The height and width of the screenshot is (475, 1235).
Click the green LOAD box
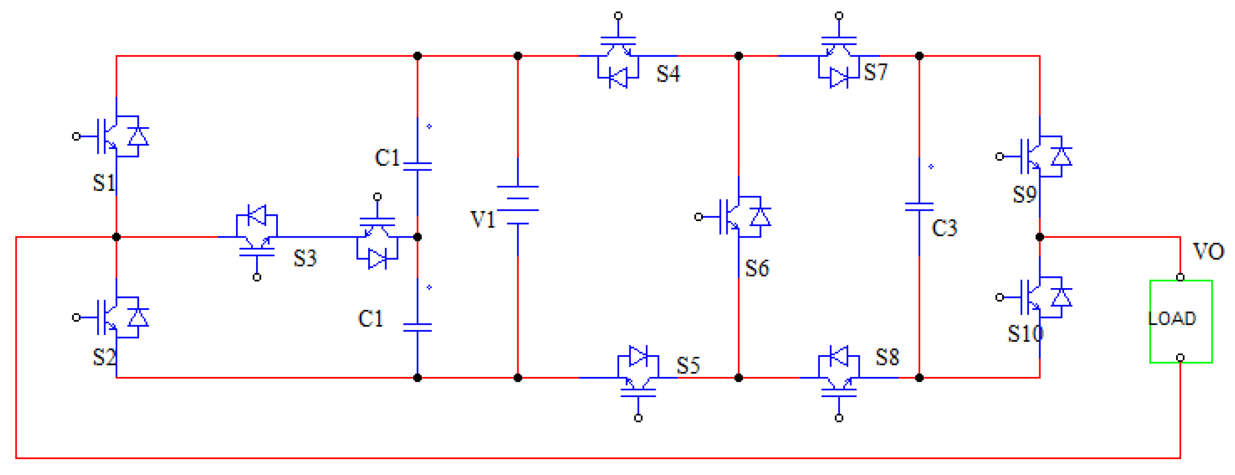coord(1180,321)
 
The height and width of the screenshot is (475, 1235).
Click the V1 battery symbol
coord(518,205)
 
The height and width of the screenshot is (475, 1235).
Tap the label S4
coord(668,74)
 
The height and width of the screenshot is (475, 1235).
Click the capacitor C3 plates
coord(919,207)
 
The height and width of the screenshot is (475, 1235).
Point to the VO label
coord(1208,251)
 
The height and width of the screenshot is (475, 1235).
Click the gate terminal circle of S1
coord(76,136)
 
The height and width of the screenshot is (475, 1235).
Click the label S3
coord(305,258)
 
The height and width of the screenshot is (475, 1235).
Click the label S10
coord(1025,334)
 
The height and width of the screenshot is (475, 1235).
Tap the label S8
coord(887,357)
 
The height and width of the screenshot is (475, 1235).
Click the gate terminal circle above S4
coord(618,16)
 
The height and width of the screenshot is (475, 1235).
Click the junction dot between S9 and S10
coord(1040,237)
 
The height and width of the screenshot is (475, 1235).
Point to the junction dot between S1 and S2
coord(117,237)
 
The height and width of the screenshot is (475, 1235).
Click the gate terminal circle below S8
coord(839,418)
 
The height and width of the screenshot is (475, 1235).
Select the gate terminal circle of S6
coord(699,217)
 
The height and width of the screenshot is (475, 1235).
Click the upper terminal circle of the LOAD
coord(1180,277)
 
